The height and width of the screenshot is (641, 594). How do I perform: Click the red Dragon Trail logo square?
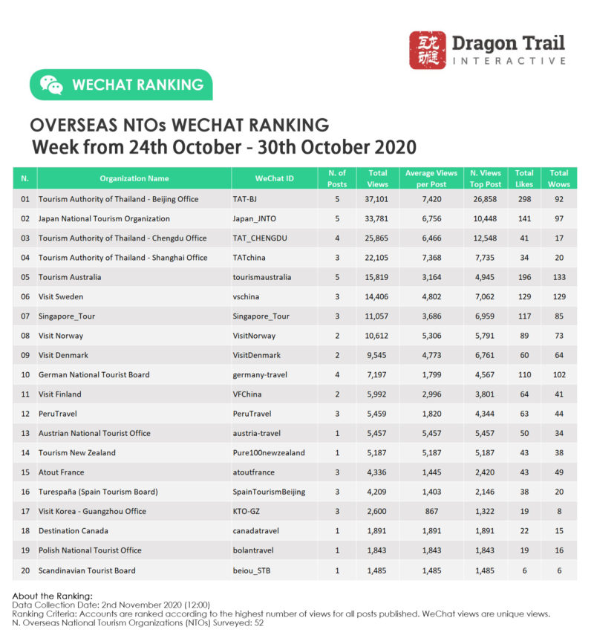click(x=428, y=50)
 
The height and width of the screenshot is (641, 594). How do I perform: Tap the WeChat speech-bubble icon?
click(x=51, y=85)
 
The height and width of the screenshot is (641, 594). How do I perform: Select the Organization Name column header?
click(x=134, y=178)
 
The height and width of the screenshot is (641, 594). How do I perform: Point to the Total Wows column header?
click(x=559, y=178)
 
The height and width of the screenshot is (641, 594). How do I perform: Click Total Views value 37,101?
click(x=377, y=199)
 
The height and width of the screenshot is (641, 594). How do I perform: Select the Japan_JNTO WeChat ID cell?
click(x=253, y=218)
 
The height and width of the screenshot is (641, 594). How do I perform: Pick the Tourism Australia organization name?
click(x=70, y=277)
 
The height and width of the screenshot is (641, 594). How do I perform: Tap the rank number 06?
click(x=25, y=296)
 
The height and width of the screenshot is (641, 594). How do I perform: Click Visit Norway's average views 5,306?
click(x=430, y=336)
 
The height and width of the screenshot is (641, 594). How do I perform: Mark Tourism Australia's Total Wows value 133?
click(x=559, y=277)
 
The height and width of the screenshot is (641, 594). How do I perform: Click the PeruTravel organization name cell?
click(x=59, y=414)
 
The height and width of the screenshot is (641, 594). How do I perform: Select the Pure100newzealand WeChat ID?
click(x=269, y=452)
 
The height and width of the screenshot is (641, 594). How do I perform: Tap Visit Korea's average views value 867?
click(x=430, y=511)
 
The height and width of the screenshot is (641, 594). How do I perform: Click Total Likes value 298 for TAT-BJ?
click(x=524, y=199)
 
